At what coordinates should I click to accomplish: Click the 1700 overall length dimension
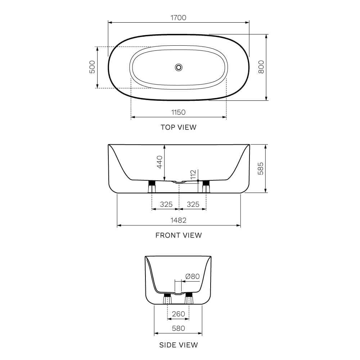[179, 17]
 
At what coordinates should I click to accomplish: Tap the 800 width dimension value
[261, 67]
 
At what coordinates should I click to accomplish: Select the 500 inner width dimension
[92, 67]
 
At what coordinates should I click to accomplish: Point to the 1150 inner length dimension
[178, 112]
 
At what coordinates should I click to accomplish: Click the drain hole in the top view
[179, 67]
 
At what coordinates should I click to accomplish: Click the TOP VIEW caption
[179, 127]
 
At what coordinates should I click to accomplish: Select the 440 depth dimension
[160, 162]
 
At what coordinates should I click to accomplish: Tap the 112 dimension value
[193, 175]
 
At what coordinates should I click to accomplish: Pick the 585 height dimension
[261, 168]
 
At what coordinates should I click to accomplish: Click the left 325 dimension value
[166, 204]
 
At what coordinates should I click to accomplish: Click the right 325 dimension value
[193, 204]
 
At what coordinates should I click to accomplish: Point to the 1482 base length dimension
[179, 220]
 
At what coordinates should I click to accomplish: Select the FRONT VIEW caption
[179, 235]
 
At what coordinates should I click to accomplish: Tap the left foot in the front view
[152, 187]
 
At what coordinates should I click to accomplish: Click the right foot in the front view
[206, 187]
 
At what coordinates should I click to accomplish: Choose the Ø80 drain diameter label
[192, 276]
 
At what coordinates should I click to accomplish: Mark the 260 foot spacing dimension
[179, 314]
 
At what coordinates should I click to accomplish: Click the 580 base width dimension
[179, 328]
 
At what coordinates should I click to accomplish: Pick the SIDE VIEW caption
[179, 345]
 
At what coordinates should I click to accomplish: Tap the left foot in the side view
[167, 299]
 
